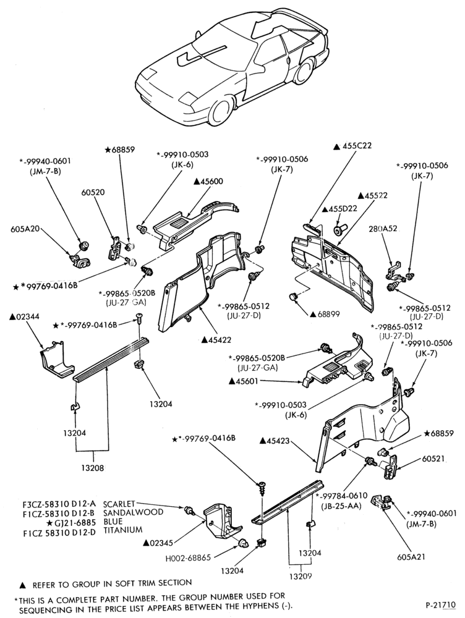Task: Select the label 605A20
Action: [x=25, y=229]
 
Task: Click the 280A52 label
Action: [x=383, y=228]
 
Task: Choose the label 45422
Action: [x=216, y=339]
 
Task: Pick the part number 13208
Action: [x=93, y=468]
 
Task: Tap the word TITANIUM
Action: [x=122, y=530]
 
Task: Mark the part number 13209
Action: [x=301, y=576]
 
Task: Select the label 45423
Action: [x=275, y=441]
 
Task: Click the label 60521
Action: [x=433, y=459]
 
